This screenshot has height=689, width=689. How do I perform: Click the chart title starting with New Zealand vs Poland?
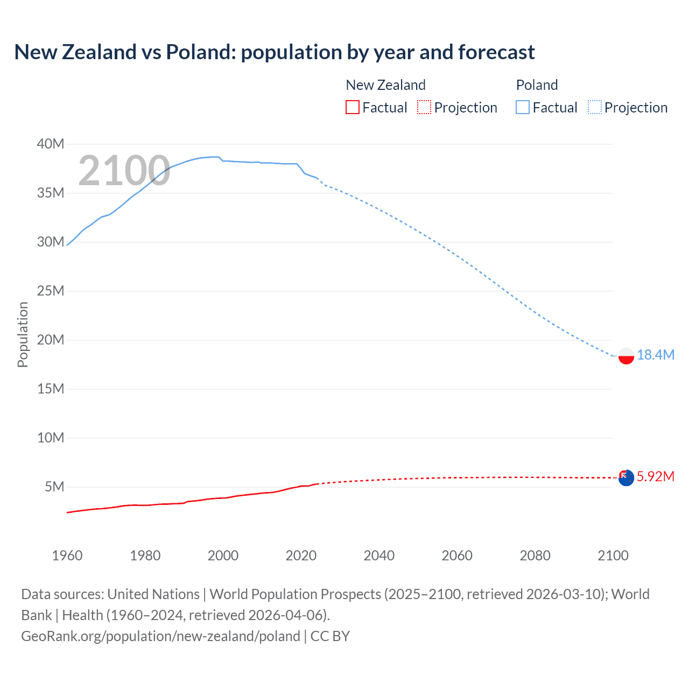pyautogui.click(x=275, y=52)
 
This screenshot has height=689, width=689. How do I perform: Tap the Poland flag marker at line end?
pyautogui.click(x=626, y=356)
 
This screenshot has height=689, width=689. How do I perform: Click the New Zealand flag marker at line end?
pyautogui.click(x=626, y=477)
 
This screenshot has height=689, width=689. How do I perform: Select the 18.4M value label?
pyautogui.click(x=655, y=355)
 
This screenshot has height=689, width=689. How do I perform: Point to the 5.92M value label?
pyautogui.click(x=655, y=476)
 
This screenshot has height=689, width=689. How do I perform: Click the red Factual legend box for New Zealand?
pyautogui.click(x=352, y=108)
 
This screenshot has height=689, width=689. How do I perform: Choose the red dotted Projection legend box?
pyautogui.click(x=424, y=108)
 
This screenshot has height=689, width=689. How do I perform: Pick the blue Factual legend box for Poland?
pyautogui.click(x=522, y=108)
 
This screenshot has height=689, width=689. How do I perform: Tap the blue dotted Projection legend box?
pyautogui.click(x=595, y=108)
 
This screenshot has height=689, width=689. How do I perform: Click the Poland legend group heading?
pyautogui.click(x=537, y=85)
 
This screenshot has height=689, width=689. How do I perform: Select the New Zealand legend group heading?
pyautogui.click(x=385, y=85)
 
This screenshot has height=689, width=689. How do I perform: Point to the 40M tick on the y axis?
pyautogui.click(x=51, y=144)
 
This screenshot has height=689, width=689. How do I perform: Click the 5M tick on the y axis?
pyautogui.click(x=54, y=487)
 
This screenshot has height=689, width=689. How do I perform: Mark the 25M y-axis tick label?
pyautogui.click(x=51, y=291)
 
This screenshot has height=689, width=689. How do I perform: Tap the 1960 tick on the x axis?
pyautogui.click(x=67, y=556)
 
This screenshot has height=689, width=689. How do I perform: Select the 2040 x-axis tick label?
pyautogui.click(x=379, y=556)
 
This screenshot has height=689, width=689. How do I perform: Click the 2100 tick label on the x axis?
pyautogui.click(x=613, y=556)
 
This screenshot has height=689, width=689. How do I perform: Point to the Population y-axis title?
pyautogui.click(x=23, y=334)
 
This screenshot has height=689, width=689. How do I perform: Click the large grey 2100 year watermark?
pyautogui.click(x=124, y=171)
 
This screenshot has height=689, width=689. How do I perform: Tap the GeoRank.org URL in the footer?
pyautogui.click(x=160, y=636)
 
